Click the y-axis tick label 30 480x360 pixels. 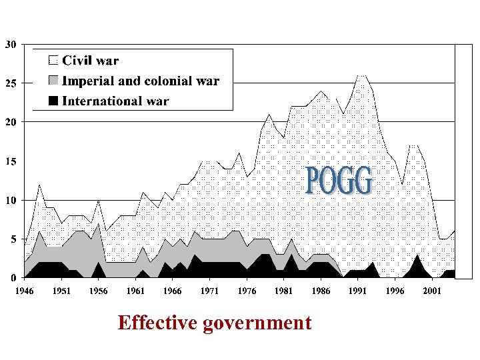(x=11, y=45)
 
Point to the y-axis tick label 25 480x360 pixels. (x=11, y=84)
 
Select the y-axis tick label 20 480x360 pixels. (x=11, y=123)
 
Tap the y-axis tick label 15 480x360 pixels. (x=11, y=161)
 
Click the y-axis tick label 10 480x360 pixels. (x=11, y=200)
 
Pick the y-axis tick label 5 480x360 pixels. (x=13, y=239)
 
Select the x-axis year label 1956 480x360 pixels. (x=99, y=291)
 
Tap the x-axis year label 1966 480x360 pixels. (x=172, y=291)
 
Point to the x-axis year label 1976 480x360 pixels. (x=246, y=291)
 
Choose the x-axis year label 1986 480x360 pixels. (x=321, y=291)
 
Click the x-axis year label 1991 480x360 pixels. (x=357, y=291)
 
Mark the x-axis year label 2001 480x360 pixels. (x=431, y=291)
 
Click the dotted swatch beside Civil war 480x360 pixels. (x=53, y=61)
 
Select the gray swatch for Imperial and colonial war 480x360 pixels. (x=53, y=81)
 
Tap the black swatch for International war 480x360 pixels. (x=53, y=101)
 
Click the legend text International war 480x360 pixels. (x=115, y=101)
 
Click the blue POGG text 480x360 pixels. (x=339, y=181)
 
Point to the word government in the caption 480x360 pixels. (x=259, y=323)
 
